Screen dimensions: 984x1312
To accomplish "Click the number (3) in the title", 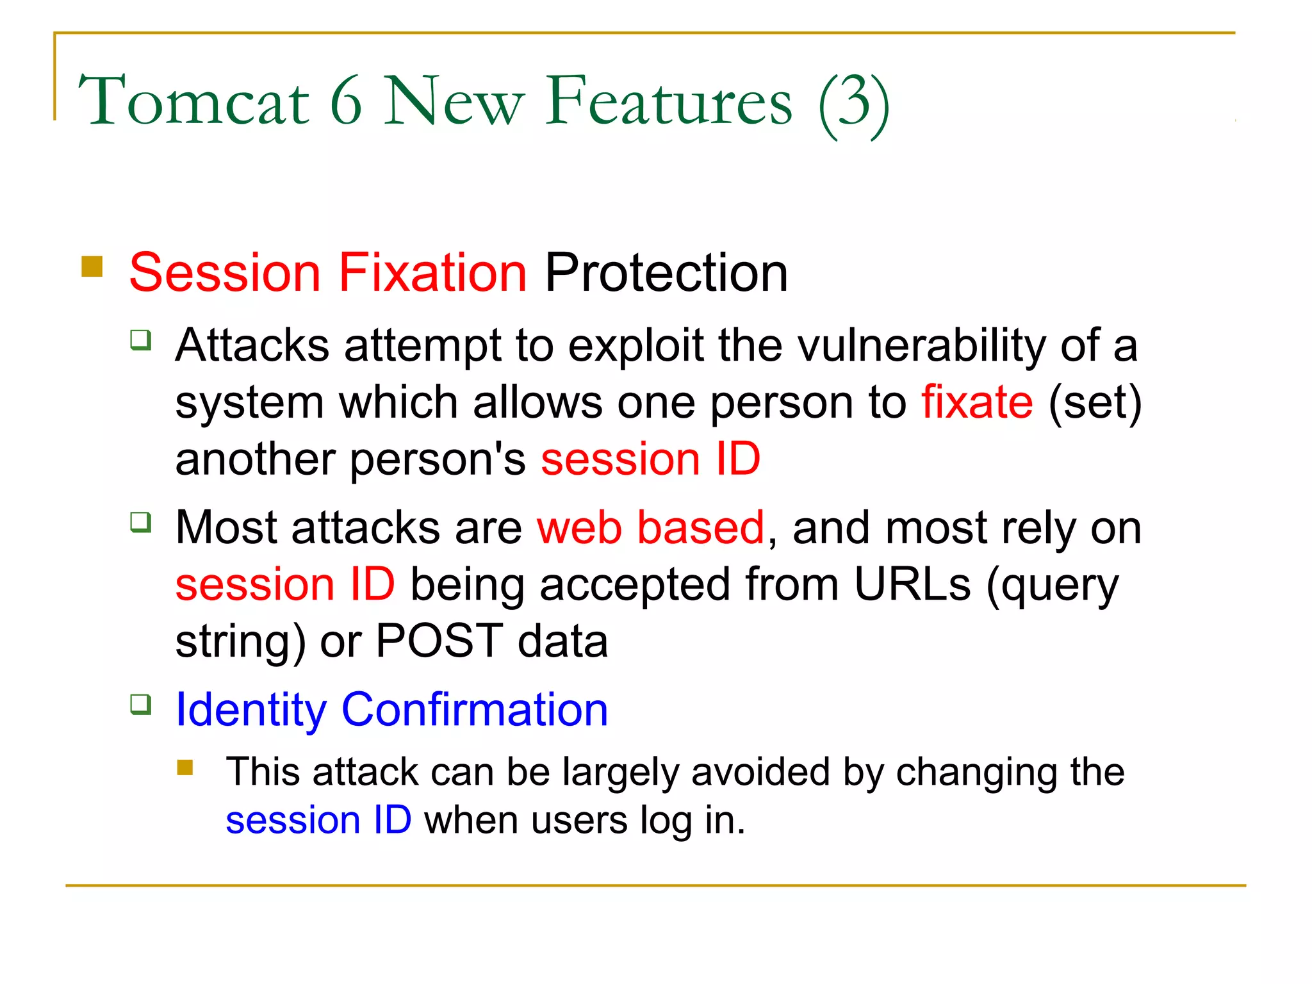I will [853, 102].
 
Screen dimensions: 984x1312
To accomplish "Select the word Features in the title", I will [669, 101].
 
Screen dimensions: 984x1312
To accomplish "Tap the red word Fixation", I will [432, 272].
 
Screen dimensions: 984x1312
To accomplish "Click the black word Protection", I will [666, 272].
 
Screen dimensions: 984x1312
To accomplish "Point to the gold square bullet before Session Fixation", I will [92, 266].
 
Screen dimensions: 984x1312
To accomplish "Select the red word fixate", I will [977, 402].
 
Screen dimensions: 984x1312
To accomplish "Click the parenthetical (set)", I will [1095, 402].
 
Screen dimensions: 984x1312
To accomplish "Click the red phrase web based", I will [650, 528].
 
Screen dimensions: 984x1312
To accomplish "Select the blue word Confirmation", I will [475, 710].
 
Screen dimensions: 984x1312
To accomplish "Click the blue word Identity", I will [250, 710].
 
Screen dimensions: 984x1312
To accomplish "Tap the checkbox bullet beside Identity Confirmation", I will [141, 705].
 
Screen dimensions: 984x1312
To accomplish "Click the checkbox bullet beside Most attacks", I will [141, 522].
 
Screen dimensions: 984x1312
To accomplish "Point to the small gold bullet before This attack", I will [185, 767].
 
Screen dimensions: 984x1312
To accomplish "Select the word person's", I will [438, 459].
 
